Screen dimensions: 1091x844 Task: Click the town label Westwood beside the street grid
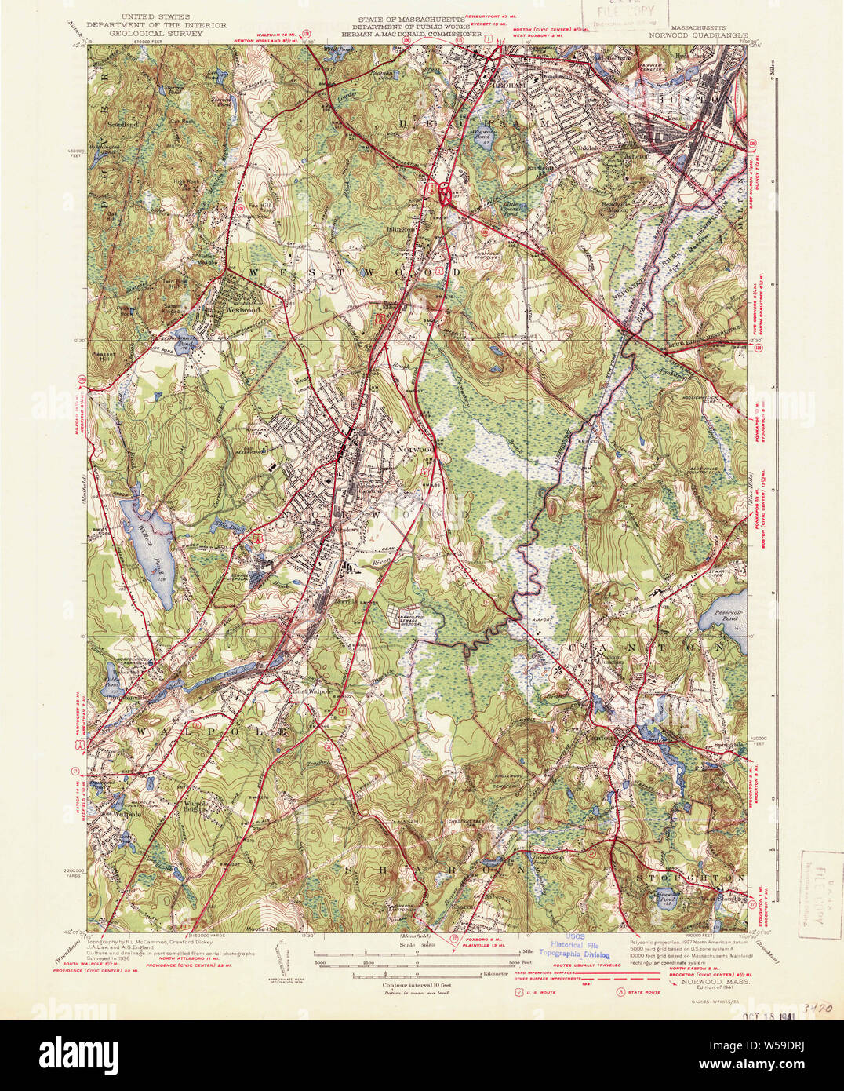click(x=242, y=310)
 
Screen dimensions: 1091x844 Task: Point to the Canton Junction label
click(x=606, y=659)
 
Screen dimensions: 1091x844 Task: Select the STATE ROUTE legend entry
click(x=642, y=992)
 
